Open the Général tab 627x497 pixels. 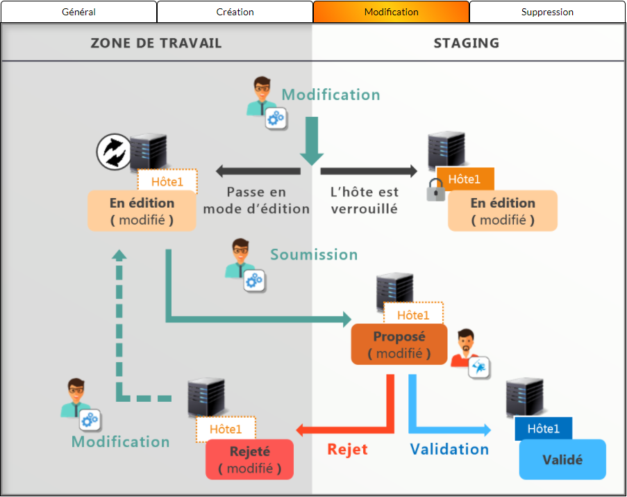tap(78, 12)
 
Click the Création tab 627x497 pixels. tap(235, 12)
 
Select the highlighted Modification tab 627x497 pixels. tap(391, 12)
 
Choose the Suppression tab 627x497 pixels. tap(547, 12)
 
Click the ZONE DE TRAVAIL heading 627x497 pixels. tap(156, 43)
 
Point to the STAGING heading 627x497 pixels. tap(467, 43)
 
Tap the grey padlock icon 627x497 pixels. tap(436, 189)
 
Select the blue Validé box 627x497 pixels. tap(562, 459)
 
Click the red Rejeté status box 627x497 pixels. tap(249, 459)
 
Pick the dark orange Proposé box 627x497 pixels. tap(399, 344)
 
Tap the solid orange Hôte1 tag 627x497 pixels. tap(465, 179)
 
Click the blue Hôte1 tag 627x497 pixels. tap(543, 428)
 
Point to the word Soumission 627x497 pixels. tap(314, 254)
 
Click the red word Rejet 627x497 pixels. tap(347, 449)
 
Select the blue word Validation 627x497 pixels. tap(449, 449)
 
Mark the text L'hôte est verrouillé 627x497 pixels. tap(365, 200)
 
